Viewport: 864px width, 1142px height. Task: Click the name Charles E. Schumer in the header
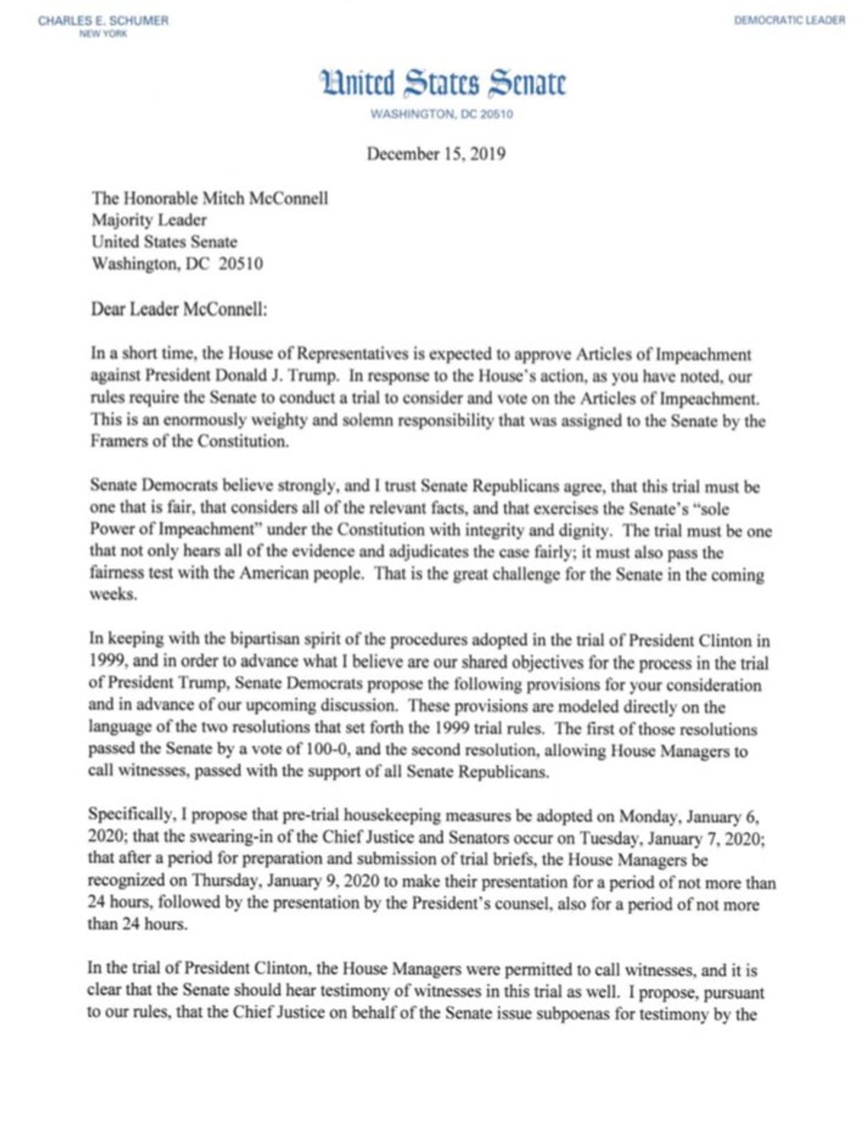(102, 20)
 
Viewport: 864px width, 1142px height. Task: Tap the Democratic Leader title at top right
(788, 20)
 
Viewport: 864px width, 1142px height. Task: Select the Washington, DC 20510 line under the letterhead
(442, 115)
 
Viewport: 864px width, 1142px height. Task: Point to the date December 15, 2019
(436, 153)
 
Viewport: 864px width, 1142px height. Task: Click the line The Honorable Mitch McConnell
(210, 198)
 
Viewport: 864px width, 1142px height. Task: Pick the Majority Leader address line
(149, 220)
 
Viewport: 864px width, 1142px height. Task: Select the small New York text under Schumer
(103, 34)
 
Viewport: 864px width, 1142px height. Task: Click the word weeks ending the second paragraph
(113, 595)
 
